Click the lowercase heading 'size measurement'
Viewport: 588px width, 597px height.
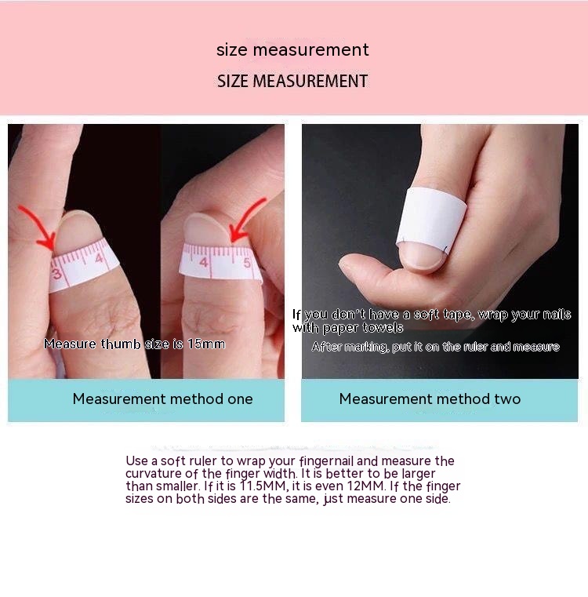pos(292,50)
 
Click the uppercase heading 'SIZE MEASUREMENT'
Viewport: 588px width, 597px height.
pos(292,81)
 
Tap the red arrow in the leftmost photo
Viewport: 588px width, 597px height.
pos(39,228)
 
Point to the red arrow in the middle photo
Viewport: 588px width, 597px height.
pos(248,220)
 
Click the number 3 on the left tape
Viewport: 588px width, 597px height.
pos(56,273)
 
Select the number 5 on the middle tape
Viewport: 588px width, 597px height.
pos(247,263)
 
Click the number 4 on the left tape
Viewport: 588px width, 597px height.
pos(100,259)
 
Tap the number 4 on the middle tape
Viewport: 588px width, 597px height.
pos(204,262)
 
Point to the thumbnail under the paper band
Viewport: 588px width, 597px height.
pos(423,256)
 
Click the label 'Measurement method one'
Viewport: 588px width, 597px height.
pos(162,399)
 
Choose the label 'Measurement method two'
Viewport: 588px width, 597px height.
pos(430,399)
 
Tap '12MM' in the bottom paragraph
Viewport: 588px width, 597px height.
pos(367,486)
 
